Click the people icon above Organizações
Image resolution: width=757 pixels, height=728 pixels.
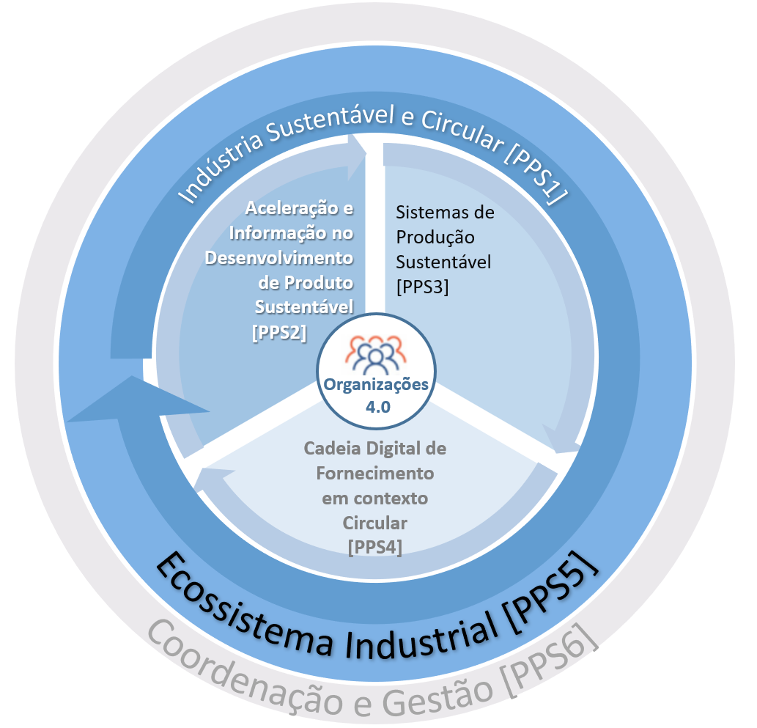(375, 353)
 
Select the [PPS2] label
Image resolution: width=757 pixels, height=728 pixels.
(278, 331)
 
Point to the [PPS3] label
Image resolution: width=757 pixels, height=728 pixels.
(422, 287)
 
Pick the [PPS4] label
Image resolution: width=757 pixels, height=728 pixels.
(375, 547)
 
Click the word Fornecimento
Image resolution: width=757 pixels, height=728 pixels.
(375, 473)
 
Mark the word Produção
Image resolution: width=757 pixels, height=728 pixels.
(435, 238)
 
